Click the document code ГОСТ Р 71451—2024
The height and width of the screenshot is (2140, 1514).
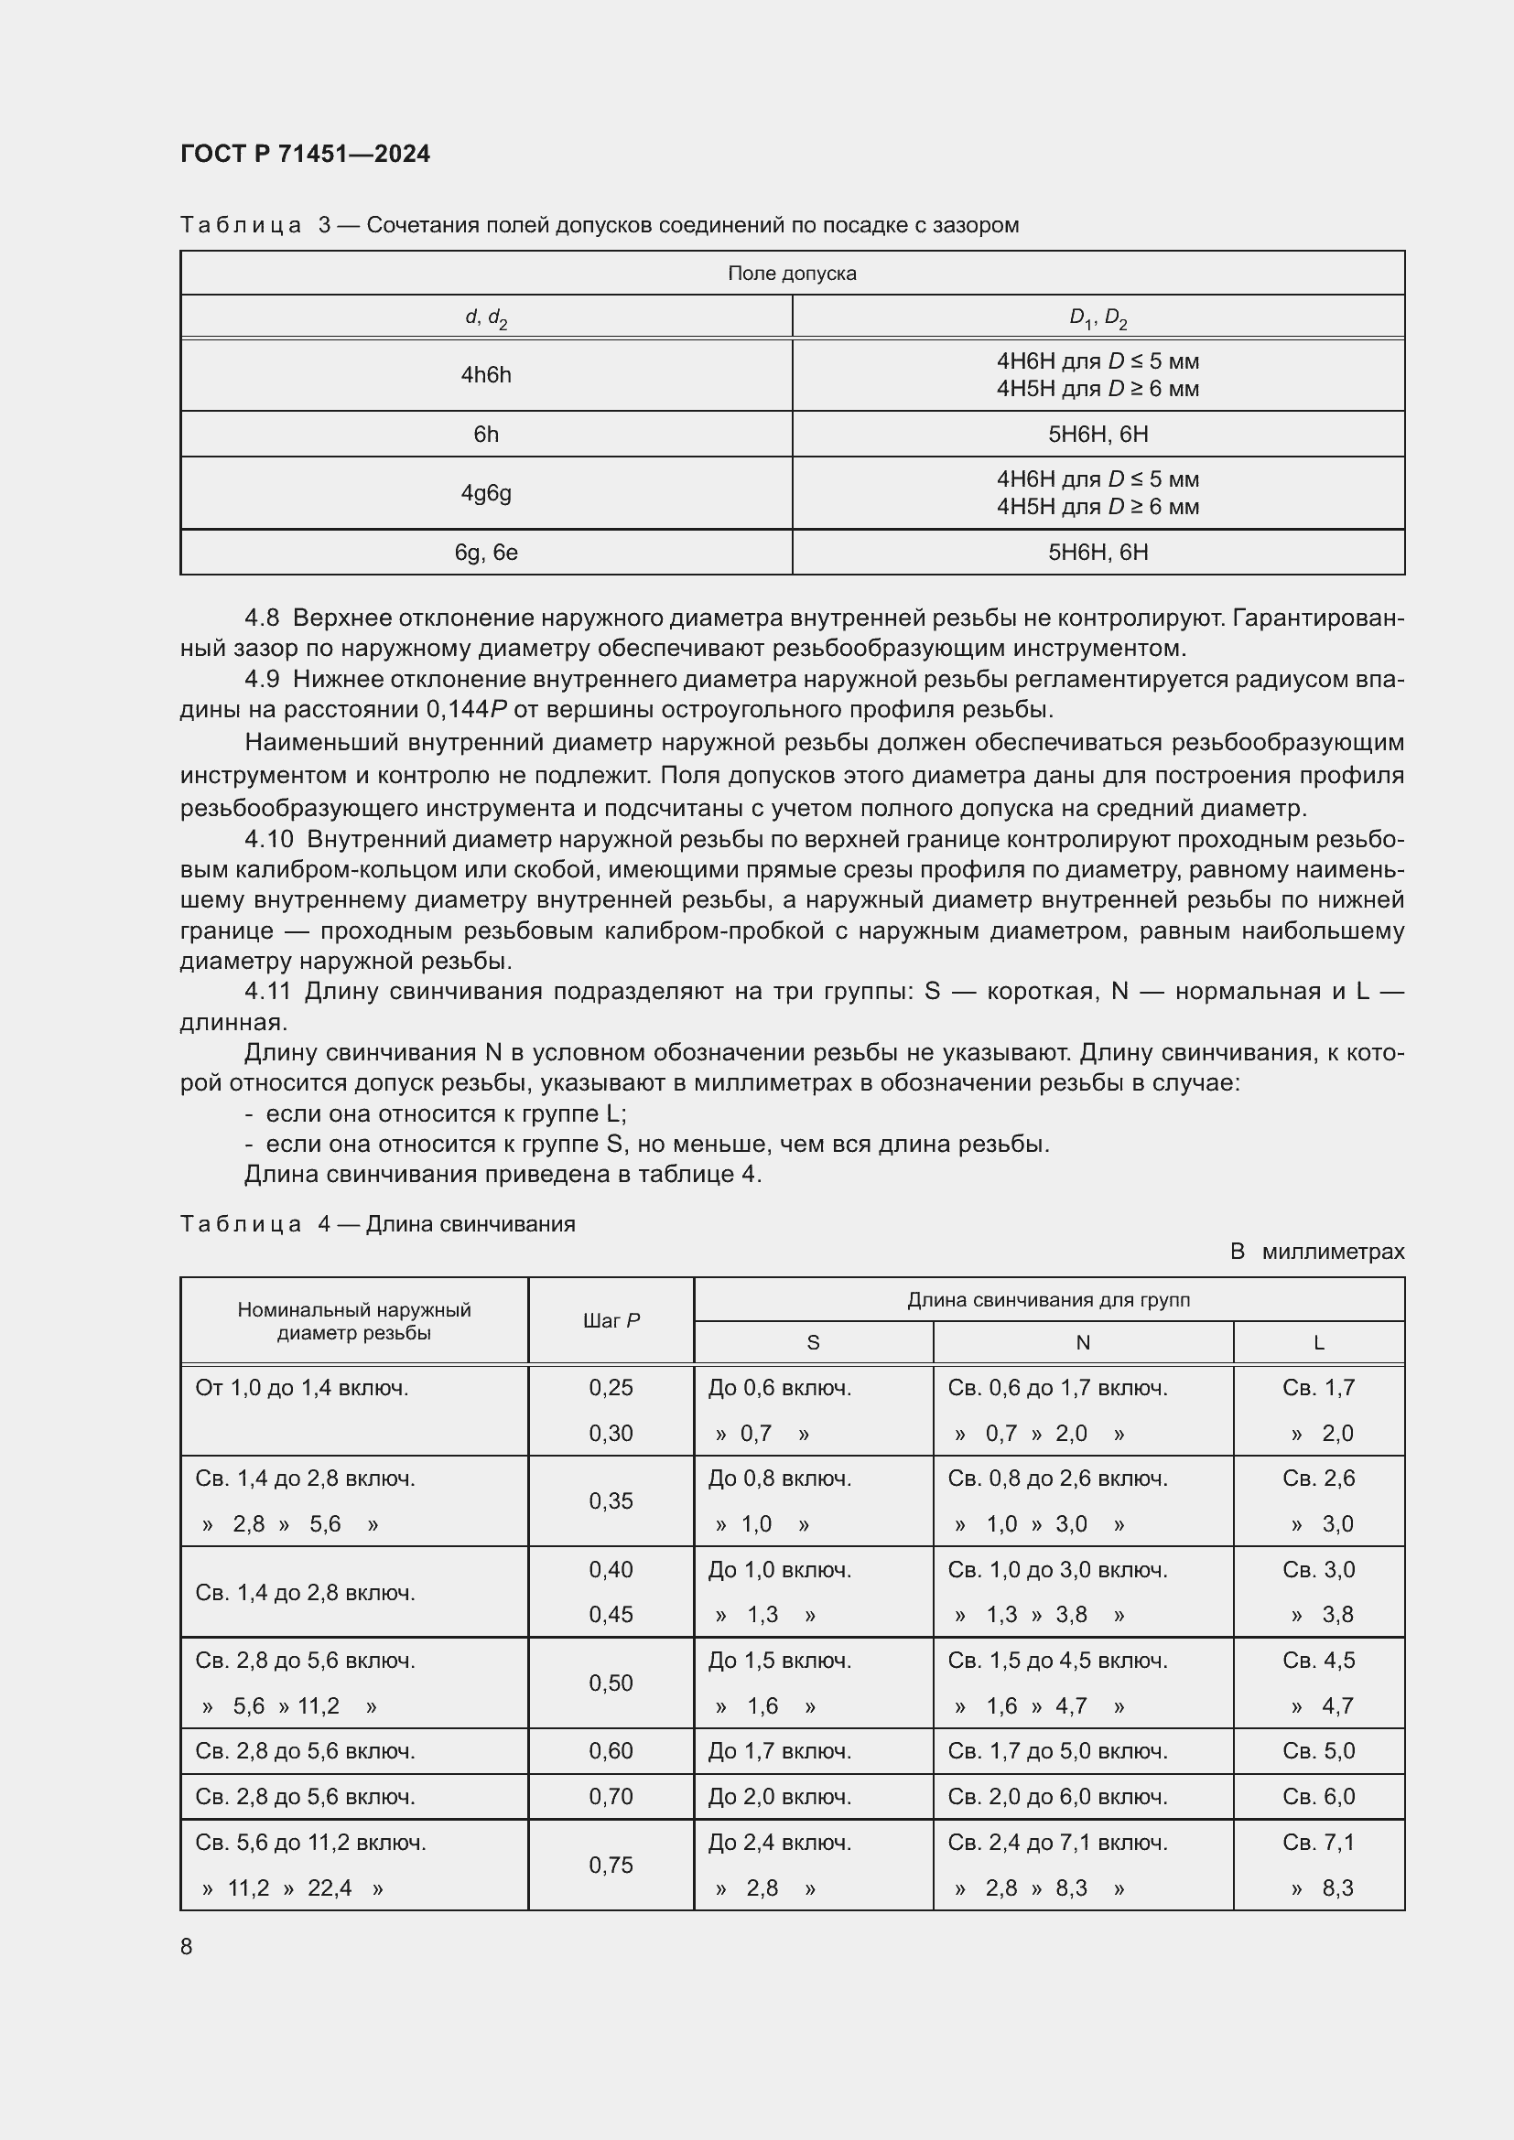305,154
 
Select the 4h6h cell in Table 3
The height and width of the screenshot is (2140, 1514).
486,375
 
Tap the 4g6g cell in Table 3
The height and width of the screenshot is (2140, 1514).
486,493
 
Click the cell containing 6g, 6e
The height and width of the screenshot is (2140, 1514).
486,553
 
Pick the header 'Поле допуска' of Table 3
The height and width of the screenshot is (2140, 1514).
792,273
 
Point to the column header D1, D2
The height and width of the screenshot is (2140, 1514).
1098,317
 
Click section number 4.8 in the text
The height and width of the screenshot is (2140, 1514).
262,618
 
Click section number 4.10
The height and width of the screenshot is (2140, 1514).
268,839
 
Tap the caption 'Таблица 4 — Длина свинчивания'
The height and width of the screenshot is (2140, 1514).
377,1224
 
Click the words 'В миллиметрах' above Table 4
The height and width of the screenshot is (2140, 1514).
1316,1252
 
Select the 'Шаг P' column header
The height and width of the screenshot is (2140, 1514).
611,1321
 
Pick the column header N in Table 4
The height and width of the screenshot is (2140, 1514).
1082,1342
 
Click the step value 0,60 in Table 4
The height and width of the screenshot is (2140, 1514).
611,1750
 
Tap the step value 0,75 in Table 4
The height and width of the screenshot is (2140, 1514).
611,1864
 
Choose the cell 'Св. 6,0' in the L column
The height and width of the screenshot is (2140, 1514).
1318,1796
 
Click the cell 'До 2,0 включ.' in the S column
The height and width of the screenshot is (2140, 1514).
779,1796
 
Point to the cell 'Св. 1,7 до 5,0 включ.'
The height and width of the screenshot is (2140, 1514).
1057,1750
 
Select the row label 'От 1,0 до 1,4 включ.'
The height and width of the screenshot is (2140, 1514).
302,1388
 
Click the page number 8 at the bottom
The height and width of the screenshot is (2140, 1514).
187,1946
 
